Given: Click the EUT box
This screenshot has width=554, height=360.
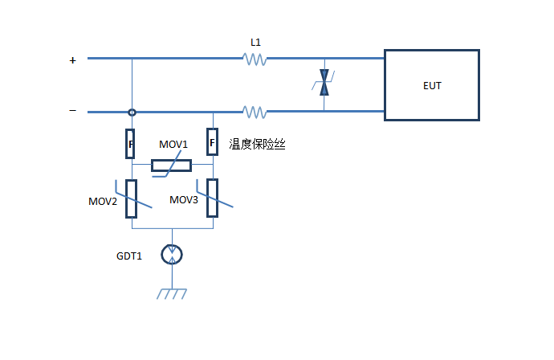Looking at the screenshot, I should click(x=431, y=85).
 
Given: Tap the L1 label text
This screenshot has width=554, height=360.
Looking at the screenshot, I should click(x=255, y=42).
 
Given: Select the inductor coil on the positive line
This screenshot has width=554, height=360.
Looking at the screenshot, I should click(x=255, y=59).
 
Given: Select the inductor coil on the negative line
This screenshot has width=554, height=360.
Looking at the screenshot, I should click(x=255, y=112).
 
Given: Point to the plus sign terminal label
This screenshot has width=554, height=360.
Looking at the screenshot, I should click(x=73, y=59).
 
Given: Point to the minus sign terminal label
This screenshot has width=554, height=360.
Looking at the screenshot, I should click(x=73, y=111).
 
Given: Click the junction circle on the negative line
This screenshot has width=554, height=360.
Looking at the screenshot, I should click(x=132, y=112).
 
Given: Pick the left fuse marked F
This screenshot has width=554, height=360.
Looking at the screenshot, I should click(x=131, y=143).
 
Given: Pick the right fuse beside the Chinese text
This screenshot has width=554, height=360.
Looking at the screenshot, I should click(x=212, y=143).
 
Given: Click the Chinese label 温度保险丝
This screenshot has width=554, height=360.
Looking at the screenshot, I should click(x=257, y=145).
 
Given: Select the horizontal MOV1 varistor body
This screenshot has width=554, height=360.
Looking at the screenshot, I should click(x=171, y=166).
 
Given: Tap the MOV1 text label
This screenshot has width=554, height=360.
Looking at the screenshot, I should click(x=173, y=145).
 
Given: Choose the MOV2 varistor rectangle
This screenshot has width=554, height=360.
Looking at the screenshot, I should click(x=132, y=198).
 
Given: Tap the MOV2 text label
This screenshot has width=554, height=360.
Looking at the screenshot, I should click(x=103, y=201).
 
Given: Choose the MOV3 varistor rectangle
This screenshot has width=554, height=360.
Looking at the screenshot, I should click(x=212, y=198).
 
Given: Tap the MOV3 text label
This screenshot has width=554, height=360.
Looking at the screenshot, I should click(x=184, y=199).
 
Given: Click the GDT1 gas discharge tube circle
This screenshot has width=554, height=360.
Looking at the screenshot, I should click(x=172, y=255).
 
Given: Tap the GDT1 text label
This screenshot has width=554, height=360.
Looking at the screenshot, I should click(x=129, y=256).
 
